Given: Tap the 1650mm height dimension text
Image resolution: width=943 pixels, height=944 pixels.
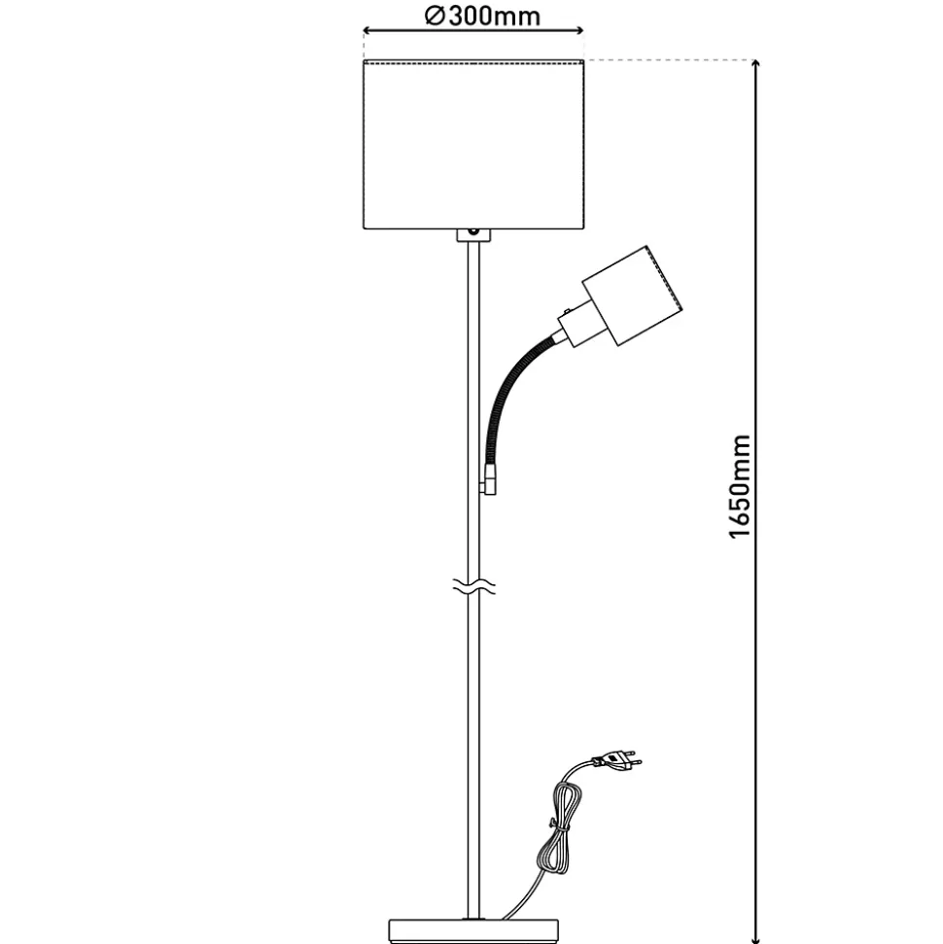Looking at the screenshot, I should click(x=740, y=485).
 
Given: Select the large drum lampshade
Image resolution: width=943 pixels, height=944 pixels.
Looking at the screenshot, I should click(x=473, y=145).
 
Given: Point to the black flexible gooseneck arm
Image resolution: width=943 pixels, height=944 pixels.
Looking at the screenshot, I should click(x=506, y=389).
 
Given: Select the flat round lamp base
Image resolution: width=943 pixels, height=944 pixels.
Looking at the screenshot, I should click(x=472, y=927).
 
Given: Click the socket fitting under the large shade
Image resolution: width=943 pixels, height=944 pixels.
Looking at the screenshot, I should click(x=472, y=235).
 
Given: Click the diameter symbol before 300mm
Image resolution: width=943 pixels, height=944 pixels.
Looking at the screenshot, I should click(x=435, y=17).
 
